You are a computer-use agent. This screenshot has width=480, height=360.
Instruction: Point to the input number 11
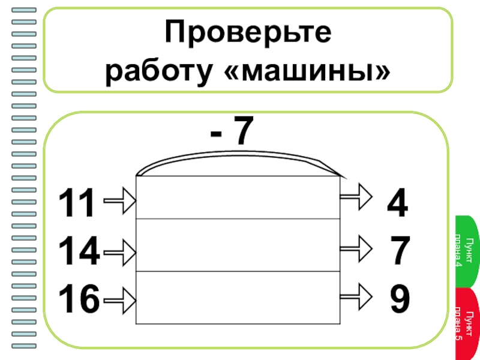tap(77, 203)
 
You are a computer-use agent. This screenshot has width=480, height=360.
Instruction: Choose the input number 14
tap(79, 251)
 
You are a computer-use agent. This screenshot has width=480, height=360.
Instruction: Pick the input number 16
tap(79, 299)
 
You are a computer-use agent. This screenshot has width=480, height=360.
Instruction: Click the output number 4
tap(397, 203)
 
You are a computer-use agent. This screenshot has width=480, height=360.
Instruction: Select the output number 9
tap(400, 298)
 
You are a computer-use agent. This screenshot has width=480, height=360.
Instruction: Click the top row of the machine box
tap(238, 197)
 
